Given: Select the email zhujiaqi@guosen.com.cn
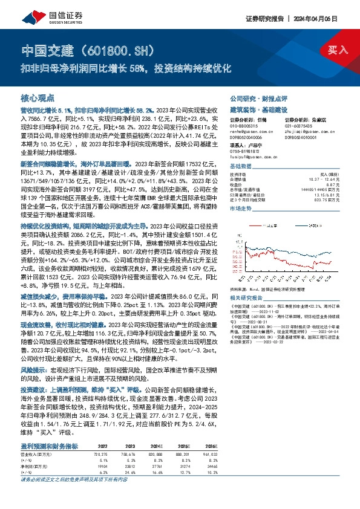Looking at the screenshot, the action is (x=303, y=132).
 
